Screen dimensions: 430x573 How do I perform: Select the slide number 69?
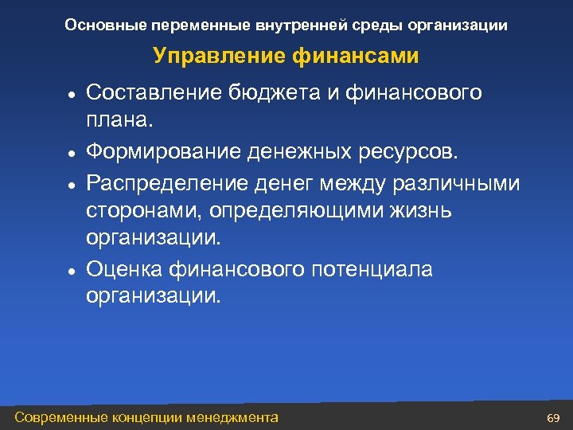(554, 418)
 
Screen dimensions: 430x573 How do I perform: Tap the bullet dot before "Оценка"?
(71, 271)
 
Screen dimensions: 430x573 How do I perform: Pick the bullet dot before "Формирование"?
(71, 153)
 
